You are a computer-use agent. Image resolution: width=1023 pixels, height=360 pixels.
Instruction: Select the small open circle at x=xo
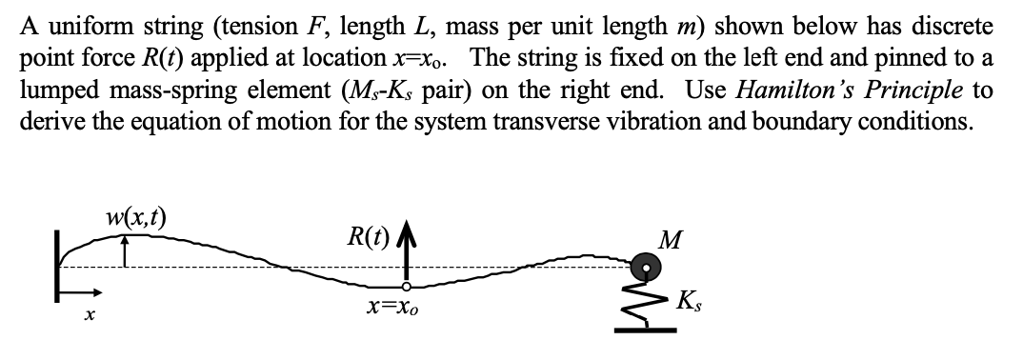click(407, 286)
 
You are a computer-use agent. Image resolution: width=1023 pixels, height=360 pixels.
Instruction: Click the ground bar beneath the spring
click(650, 330)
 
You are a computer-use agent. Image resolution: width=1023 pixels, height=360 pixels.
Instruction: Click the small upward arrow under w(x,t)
click(124, 250)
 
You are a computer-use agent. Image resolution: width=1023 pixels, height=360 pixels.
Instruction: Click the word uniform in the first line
click(76, 24)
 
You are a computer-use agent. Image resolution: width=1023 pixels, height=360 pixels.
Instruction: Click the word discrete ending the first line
click(953, 24)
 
